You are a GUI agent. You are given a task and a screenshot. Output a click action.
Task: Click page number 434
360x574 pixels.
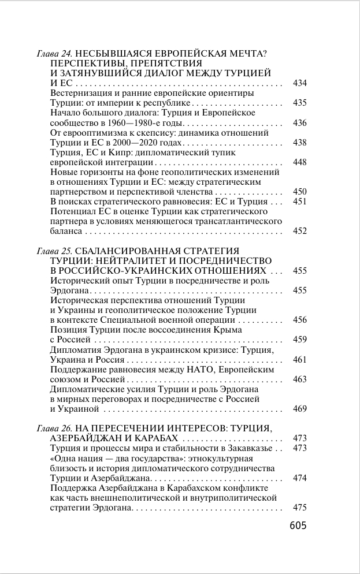click(x=299, y=83)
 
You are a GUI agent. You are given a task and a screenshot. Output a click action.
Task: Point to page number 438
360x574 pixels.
click(x=299, y=142)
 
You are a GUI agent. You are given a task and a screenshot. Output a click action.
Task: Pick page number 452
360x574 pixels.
click(x=299, y=231)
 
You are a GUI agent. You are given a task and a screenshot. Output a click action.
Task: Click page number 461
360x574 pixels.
click(x=299, y=359)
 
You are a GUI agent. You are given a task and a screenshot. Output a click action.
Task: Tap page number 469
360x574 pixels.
click(x=299, y=409)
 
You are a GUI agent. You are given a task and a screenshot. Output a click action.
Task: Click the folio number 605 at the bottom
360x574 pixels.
click(x=297, y=525)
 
